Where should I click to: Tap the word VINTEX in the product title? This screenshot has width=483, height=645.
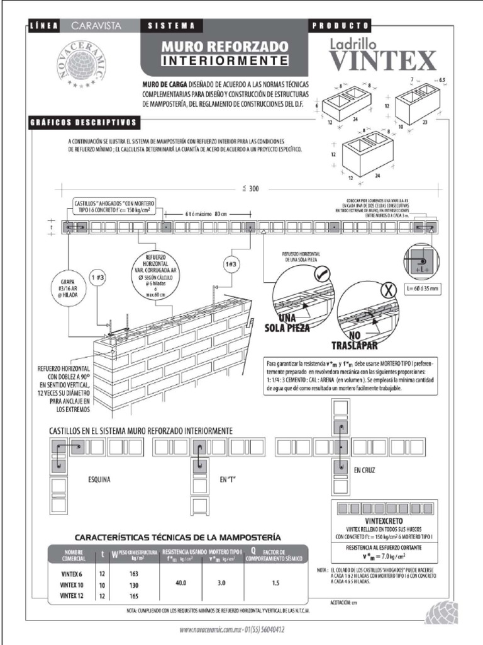(x=382, y=61)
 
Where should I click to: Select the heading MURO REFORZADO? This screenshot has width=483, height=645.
(x=225, y=47)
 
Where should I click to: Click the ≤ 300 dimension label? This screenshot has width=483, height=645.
(x=250, y=188)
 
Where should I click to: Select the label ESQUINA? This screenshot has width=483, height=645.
(x=99, y=479)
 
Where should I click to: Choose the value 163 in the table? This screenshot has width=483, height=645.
(x=133, y=574)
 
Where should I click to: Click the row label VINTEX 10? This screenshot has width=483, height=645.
(x=73, y=585)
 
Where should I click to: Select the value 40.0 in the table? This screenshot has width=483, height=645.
(x=181, y=584)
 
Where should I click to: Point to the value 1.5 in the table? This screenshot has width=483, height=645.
(x=275, y=584)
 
